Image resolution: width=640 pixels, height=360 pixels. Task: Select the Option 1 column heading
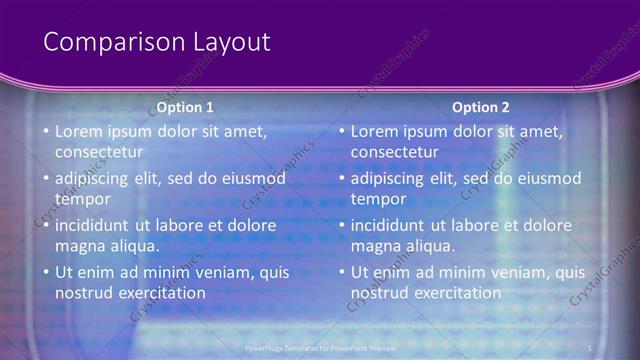[x=185, y=107]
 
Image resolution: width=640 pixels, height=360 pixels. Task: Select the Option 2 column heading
[x=481, y=107]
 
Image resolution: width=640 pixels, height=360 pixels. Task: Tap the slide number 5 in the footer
[x=590, y=347]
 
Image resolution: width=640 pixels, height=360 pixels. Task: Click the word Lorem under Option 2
[x=374, y=131]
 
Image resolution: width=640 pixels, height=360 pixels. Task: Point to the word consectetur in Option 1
[x=99, y=152]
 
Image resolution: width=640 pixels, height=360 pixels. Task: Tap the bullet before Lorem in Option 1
[x=45, y=132]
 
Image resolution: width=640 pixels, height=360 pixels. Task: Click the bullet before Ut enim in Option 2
[x=341, y=273]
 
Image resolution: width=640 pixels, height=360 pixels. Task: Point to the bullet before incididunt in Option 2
[x=341, y=226]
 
